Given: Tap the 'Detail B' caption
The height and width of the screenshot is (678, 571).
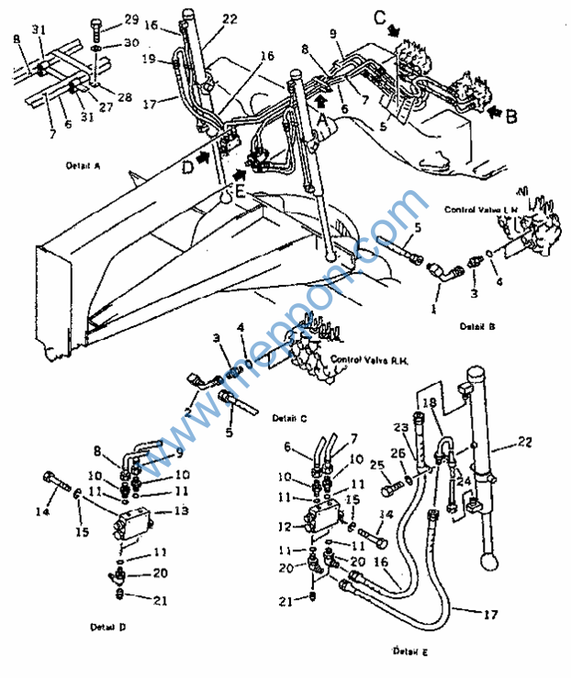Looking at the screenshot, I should pyautogui.click(x=479, y=326).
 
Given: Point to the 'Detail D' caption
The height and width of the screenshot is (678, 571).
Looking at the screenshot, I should pyautogui.click(x=107, y=627).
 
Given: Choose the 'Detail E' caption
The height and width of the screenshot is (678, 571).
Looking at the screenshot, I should pyautogui.click(x=410, y=651).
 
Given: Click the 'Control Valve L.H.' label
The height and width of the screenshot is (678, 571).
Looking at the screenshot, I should pyautogui.click(x=478, y=210).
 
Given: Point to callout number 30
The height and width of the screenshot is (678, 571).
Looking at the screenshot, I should pyautogui.click(x=131, y=42).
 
